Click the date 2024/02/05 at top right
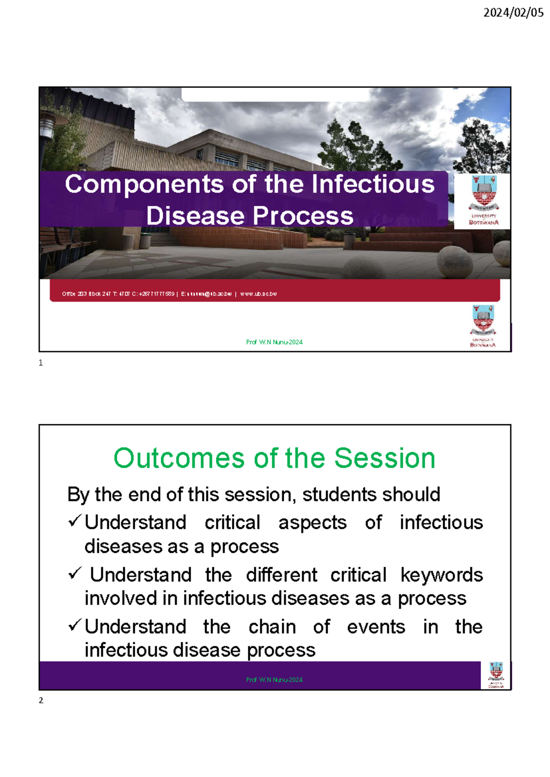(513, 12)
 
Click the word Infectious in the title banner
(373, 184)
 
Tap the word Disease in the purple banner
(196, 216)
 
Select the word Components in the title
(144, 184)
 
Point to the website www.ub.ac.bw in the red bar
(258, 294)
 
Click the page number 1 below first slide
(41, 363)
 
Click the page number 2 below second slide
(41, 700)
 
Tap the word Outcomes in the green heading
(179, 458)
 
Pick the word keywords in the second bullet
(441, 575)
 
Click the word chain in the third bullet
(272, 627)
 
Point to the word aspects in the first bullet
(312, 523)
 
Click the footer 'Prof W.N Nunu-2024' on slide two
(274, 680)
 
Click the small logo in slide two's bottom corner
(496, 675)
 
